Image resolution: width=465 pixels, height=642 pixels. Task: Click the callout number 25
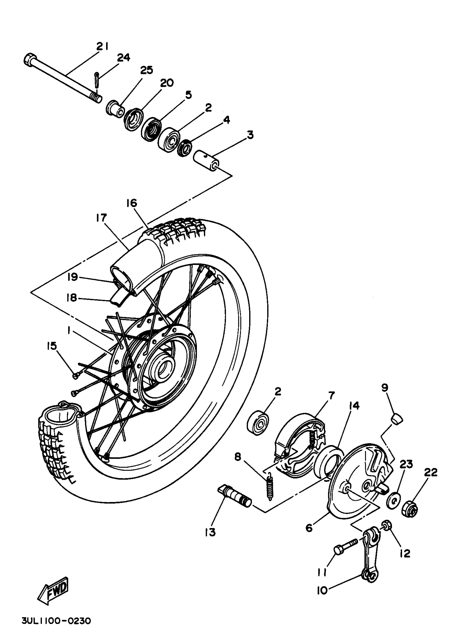tap(146, 70)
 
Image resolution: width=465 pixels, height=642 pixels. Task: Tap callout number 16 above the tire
tap(132, 203)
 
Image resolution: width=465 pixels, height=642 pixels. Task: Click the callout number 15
tap(52, 346)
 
